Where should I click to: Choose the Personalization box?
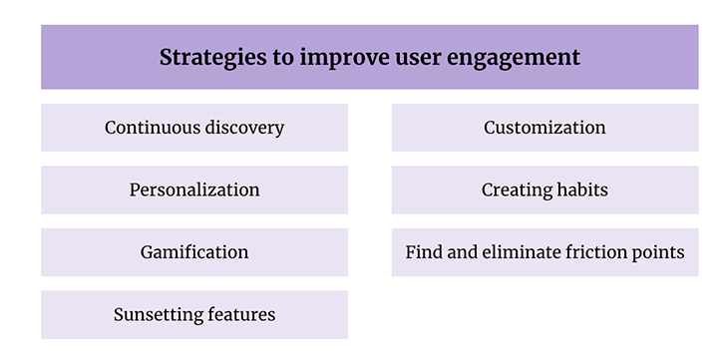[194, 189]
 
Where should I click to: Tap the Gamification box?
[194, 252]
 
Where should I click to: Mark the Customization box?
[545, 128]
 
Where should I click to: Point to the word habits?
[582, 189]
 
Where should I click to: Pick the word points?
[661, 252]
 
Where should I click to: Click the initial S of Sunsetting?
[119, 315]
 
